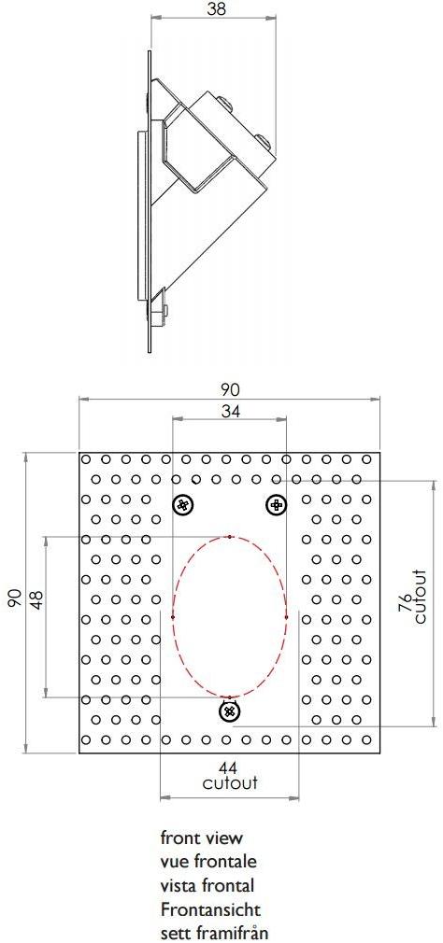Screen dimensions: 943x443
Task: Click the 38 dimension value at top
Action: coord(216,9)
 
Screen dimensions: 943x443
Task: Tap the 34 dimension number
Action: coord(229,412)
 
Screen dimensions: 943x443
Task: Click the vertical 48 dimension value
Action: coord(36,598)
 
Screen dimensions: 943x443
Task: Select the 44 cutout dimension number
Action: coord(229,767)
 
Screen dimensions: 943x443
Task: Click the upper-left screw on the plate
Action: coord(184,505)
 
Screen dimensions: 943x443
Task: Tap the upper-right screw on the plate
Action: coord(276,505)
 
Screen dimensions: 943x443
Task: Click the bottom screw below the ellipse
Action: coord(229,712)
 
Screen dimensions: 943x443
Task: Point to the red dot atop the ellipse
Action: coord(230,537)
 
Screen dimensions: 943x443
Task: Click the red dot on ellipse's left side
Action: coord(173,616)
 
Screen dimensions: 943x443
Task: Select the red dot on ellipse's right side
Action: coord(286,616)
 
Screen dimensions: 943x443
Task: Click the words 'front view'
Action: coord(201,838)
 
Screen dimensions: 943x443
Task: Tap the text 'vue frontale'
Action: coord(208,862)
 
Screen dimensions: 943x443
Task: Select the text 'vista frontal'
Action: coord(207,885)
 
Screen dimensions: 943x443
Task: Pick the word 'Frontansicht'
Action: coord(210,908)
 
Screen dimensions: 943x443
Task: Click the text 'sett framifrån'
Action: coord(216,932)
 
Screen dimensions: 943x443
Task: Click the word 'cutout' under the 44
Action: coord(230,784)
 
